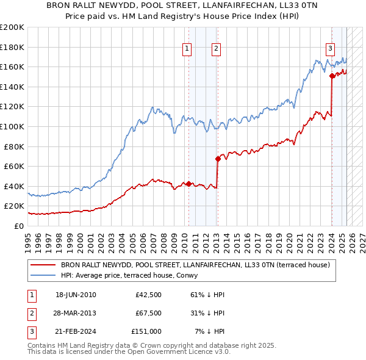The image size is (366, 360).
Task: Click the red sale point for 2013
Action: tap(218, 159)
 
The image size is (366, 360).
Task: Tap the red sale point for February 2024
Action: tap(332, 76)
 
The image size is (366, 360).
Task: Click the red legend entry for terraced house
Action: tap(195, 265)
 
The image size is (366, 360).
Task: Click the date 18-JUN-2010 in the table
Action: tap(76, 295)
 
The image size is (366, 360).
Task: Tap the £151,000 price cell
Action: tap(146, 331)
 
